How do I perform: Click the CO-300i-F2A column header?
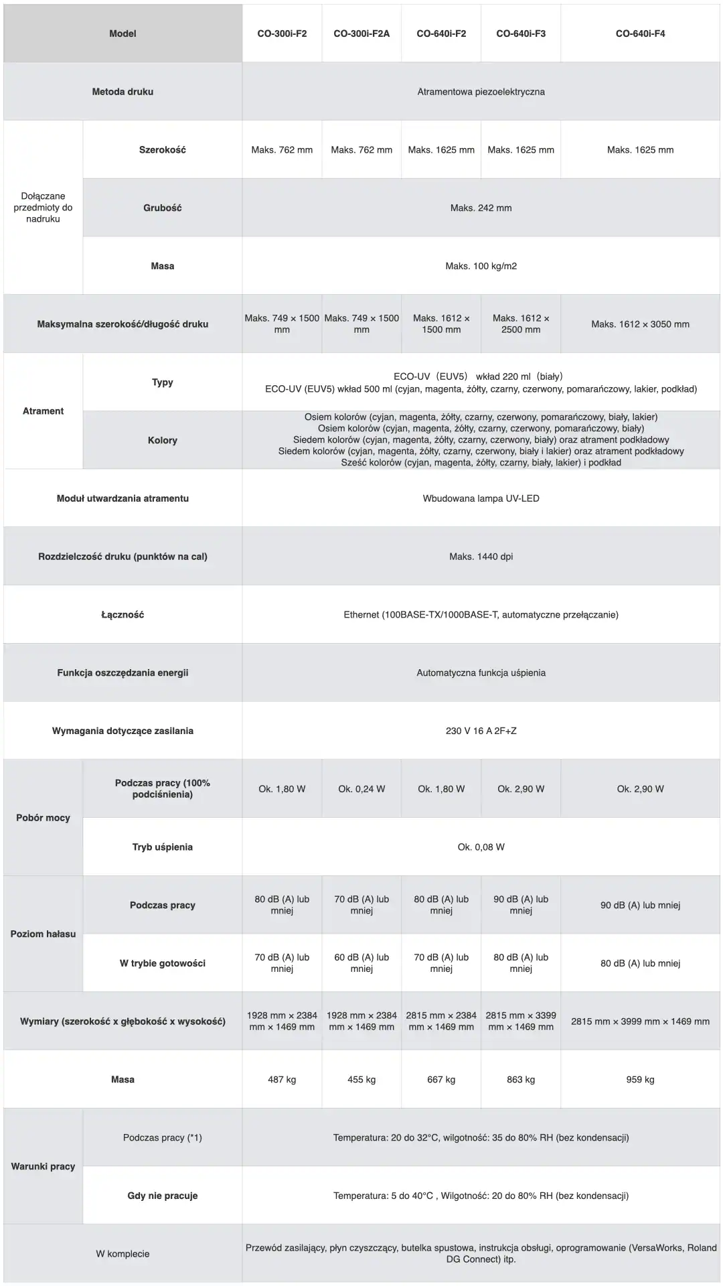(361, 33)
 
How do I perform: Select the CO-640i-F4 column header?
(640, 33)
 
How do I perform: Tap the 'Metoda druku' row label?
(123, 92)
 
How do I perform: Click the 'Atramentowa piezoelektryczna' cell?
(481, 92)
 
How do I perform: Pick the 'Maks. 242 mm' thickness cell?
(481, 208)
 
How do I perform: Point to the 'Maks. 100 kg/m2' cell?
(481, 266)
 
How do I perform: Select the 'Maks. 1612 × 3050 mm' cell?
(640, 324)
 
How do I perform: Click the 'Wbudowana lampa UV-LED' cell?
(481, 498)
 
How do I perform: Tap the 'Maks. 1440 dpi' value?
(481, 557)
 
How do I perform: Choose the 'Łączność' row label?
(123, 615)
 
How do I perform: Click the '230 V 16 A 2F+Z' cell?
(481, 731)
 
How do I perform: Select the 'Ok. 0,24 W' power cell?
(361, 789)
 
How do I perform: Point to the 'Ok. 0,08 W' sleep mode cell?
(481, 847)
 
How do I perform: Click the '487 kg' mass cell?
(282, 1080)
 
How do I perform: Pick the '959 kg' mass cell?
(640, 1080)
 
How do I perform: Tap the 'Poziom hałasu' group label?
(43, 934)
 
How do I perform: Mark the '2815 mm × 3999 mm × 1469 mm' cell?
(640, 1021)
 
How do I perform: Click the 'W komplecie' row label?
(123, 1254)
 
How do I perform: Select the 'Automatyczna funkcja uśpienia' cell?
(481, 672)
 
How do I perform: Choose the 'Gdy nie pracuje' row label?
(163, 1196)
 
